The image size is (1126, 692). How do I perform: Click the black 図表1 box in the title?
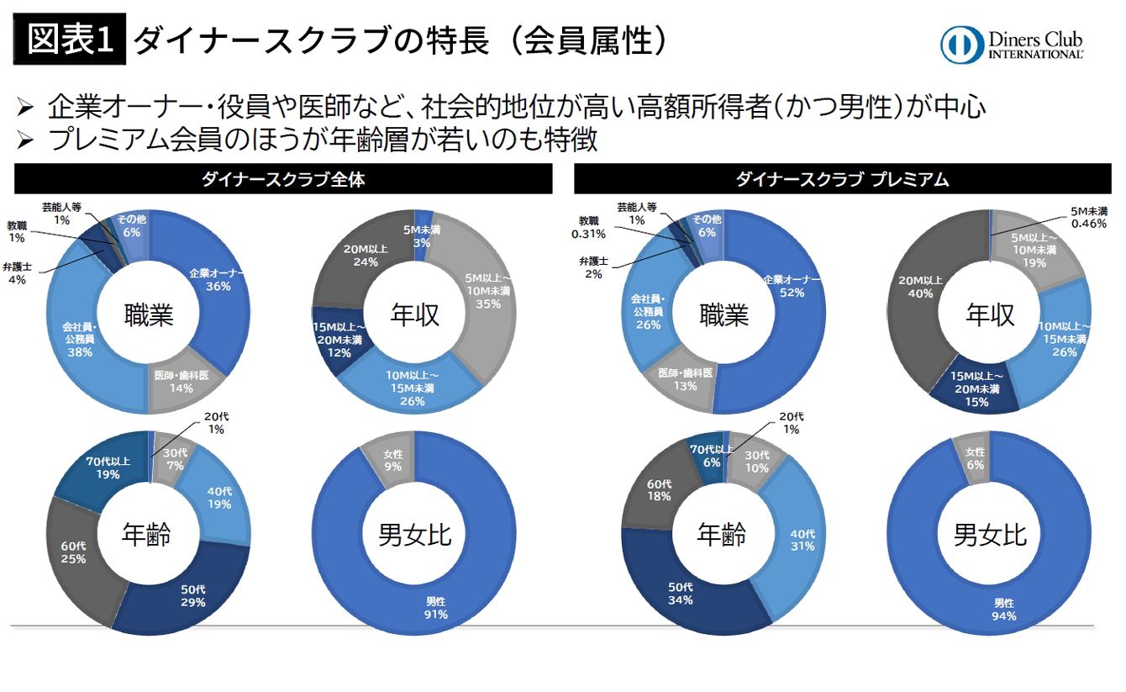(x=69, y=40)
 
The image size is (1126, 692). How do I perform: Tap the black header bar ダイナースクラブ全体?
(x=283, y=179)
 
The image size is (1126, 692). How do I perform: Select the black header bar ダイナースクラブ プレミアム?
(x=842, y=179)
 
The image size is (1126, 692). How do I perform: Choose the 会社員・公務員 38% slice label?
(x=80, y=339)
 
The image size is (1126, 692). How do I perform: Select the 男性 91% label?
(x=436, y=608)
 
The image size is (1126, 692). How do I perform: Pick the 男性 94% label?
(x=1003, y=610)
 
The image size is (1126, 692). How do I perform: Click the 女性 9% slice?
(x=392, y=458)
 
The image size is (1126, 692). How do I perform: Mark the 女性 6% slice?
(x=975, y=458)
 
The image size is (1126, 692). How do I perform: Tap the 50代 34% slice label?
(x=681, y=594)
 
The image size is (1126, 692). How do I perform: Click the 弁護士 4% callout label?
(x=18, y=273)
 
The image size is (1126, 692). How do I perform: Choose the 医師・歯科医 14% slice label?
(x=181, y=383)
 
